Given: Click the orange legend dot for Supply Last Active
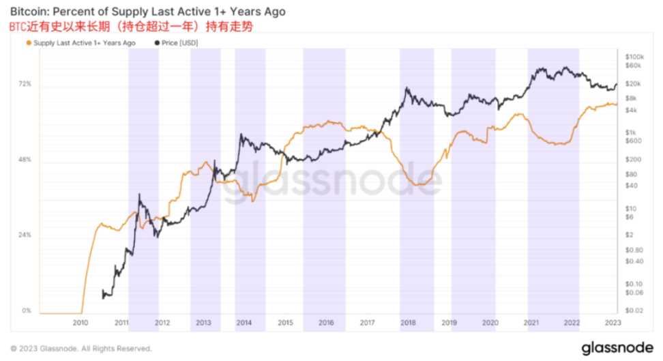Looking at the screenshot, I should pyautogui.click(x=27, y=43).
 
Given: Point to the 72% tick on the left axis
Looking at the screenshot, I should pyautogui.click(x=25, y=84).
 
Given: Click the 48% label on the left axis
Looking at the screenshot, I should pyautogui.click(x=25, y=160).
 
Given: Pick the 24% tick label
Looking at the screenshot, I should pyautogui.click(x=25, y=235).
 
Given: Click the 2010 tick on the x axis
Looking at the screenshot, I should pyautogui.click(x=80, y=322).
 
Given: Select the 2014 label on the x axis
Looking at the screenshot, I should pyautogui.click(x=244, y=322).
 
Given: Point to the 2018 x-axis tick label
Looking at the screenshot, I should pyautogui.click(x=408, y=322).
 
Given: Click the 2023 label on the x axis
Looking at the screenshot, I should pyautogui.click(x=612, y=322).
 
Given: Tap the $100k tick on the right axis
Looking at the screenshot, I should pyautogui.click(x=634, y=56).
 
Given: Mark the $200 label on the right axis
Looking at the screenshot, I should pyautogui.click(x=632, y=159).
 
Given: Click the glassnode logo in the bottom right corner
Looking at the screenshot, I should pyautogui.click(x=616, y=347).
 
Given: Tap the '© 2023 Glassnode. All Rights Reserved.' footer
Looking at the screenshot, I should pyautogui.click(x=81, y=348).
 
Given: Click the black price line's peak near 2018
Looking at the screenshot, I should pyautogui.click(x=407, y=88).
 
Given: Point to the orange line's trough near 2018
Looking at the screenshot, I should pyautogui.click(x=419, y=185).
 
